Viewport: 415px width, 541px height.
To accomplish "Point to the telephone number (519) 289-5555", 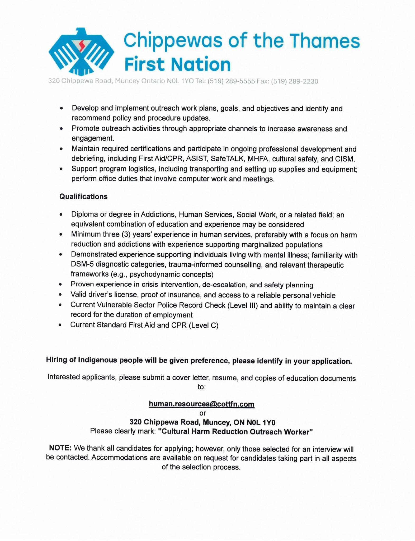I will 231,81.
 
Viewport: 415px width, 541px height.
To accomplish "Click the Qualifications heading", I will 83,197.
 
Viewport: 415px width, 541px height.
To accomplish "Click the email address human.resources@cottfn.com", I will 202,404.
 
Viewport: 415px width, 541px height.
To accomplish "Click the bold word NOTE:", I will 60,448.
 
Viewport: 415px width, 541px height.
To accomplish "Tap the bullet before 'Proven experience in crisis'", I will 61,285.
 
